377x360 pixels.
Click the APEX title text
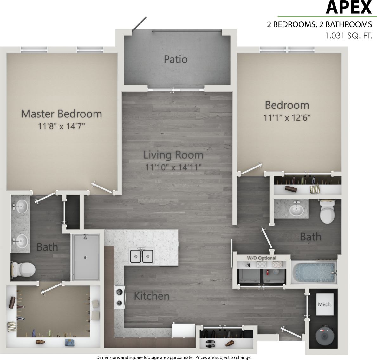(348, 8)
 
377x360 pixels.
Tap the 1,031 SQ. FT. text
(348, 36)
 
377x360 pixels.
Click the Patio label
(176, 59)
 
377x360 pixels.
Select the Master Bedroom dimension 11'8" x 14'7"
(62, 127)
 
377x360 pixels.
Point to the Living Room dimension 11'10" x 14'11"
(173, 167)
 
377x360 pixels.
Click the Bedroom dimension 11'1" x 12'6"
(287, 118)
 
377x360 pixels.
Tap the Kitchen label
(152, 296)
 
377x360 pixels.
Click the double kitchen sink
(141, 256)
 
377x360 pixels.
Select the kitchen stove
(119, 298)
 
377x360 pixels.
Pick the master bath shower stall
(86, 257)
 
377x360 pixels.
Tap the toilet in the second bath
(327, 211)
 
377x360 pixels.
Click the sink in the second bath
(296, 209)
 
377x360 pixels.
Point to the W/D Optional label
(262, 258)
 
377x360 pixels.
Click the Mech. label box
(325, 304)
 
